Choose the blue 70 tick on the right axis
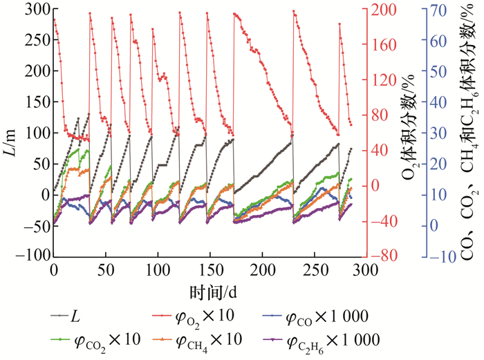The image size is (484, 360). [x=433, y=9]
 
